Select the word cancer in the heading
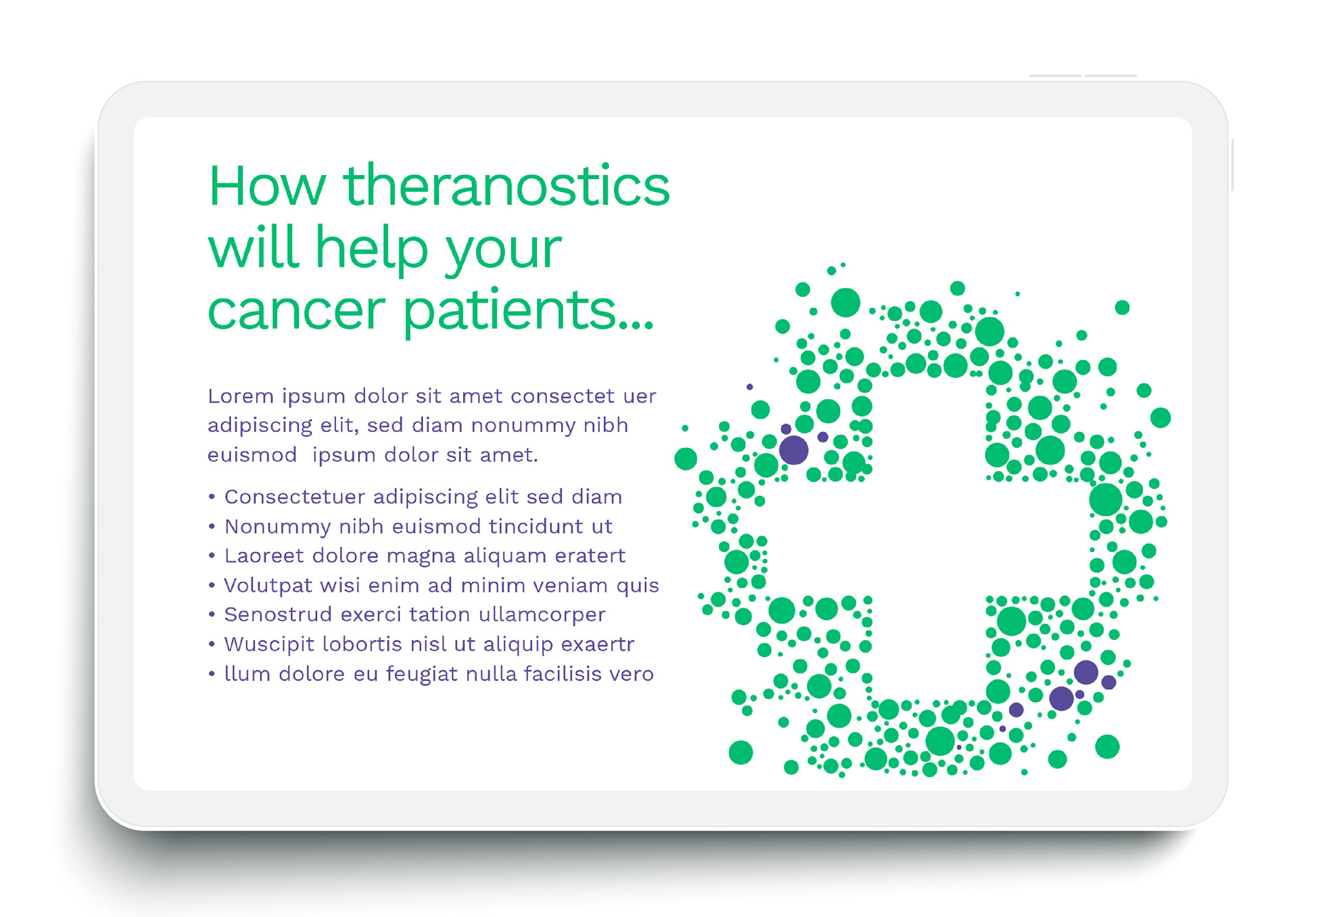(296, 310)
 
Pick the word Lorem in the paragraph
(241, 396)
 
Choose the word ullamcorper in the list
(542, 615)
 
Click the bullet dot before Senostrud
(212, 614)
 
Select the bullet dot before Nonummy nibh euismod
(212, 526)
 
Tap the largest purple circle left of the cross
(794, 451)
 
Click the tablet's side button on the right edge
(1233, 165)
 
